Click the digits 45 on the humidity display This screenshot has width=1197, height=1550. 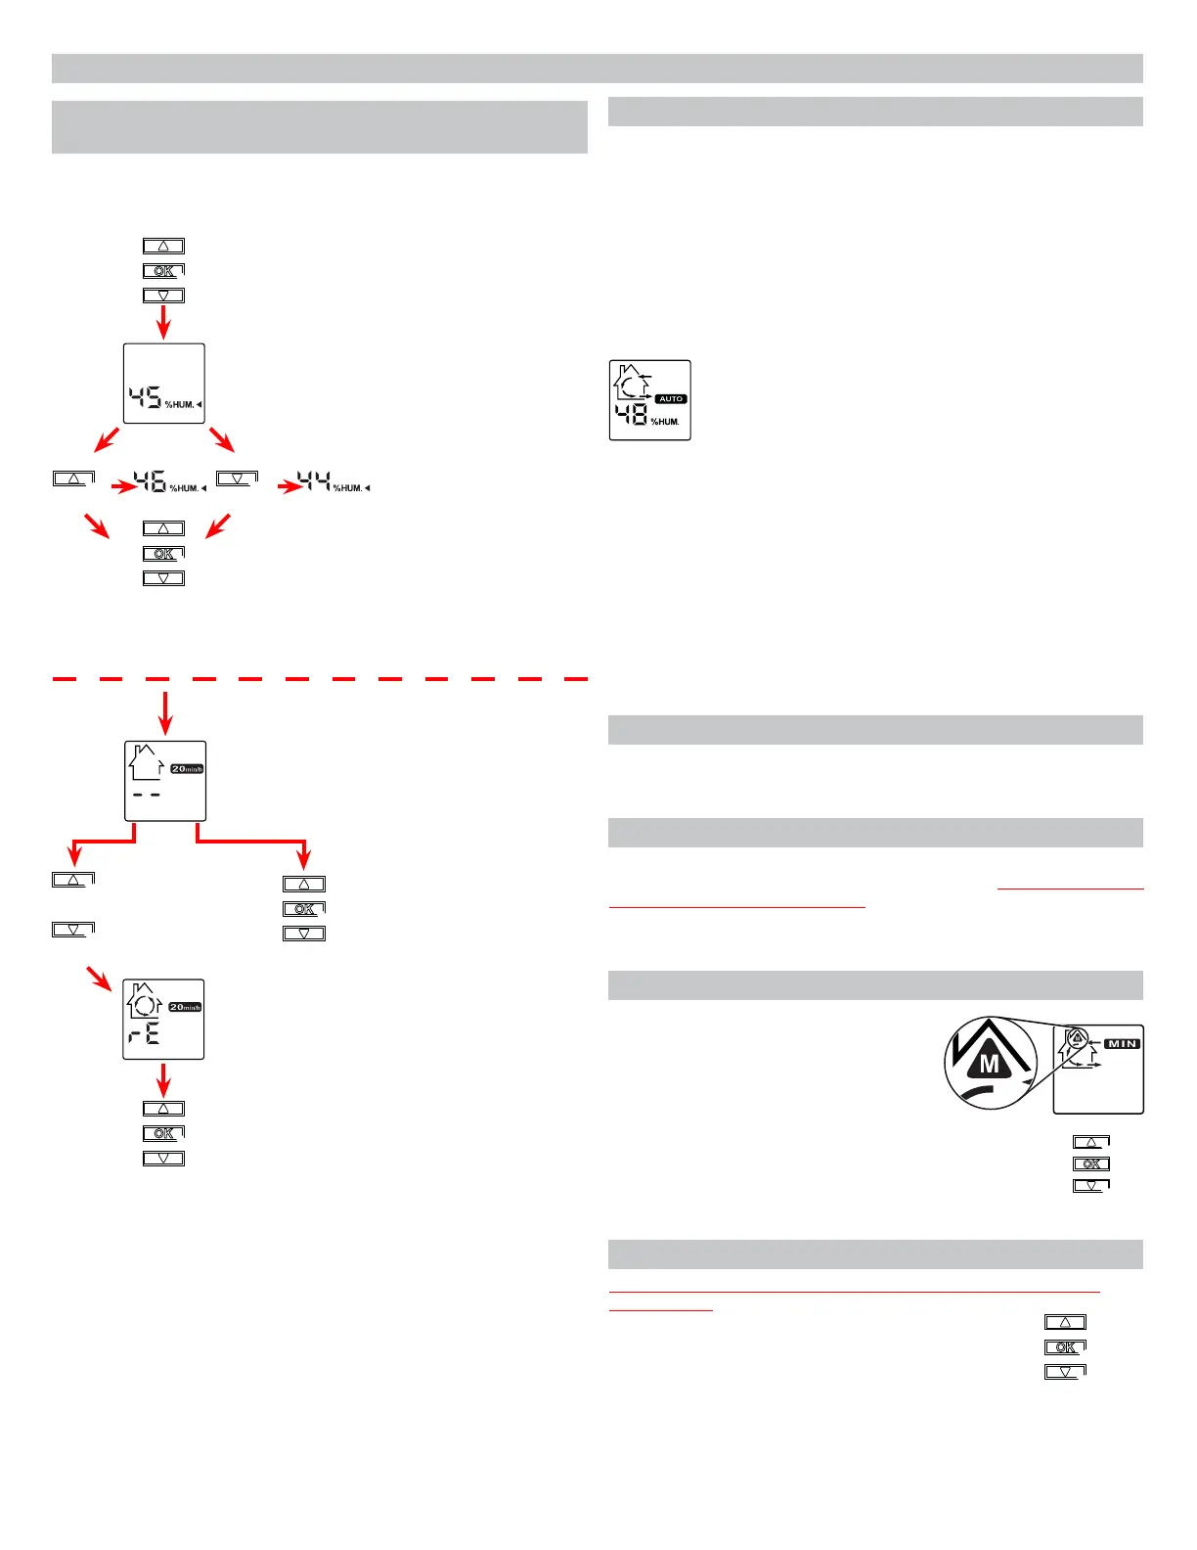tap(146, 398)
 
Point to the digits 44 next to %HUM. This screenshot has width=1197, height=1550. tap(314, 481)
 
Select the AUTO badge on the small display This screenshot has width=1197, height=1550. tap(671, 399)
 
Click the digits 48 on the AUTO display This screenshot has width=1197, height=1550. tap(631, 416)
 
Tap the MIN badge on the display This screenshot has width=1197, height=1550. tap(1122, 1044)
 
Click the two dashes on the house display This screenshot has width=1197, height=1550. tap(146, 795)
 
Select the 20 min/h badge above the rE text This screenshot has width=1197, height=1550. tap(186, 1007)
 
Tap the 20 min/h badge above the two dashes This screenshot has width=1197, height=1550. tap(187, 769)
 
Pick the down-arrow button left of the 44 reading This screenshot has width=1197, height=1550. tap(237, 479)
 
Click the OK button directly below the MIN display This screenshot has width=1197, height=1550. tap(1091, 1164)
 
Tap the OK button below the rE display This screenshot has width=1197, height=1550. tap(163, 1133)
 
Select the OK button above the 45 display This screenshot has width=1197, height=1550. tap(163, 271)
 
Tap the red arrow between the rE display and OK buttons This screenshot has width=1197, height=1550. tap(163, 1079)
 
